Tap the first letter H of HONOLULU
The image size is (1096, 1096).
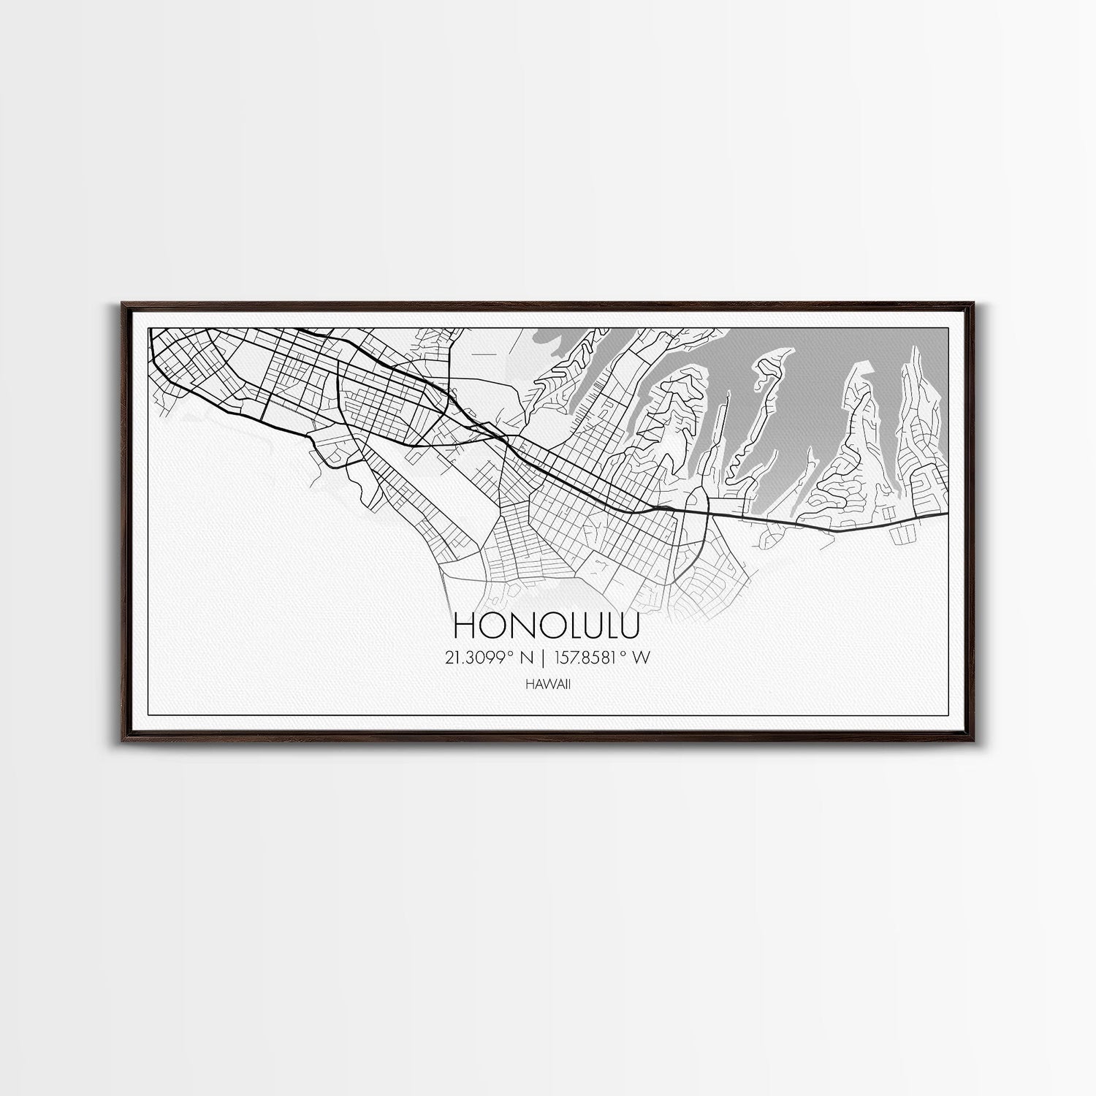465,625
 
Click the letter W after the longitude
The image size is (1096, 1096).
642,658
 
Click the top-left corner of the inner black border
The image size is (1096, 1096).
148,327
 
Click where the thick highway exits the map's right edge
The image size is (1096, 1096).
947,513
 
